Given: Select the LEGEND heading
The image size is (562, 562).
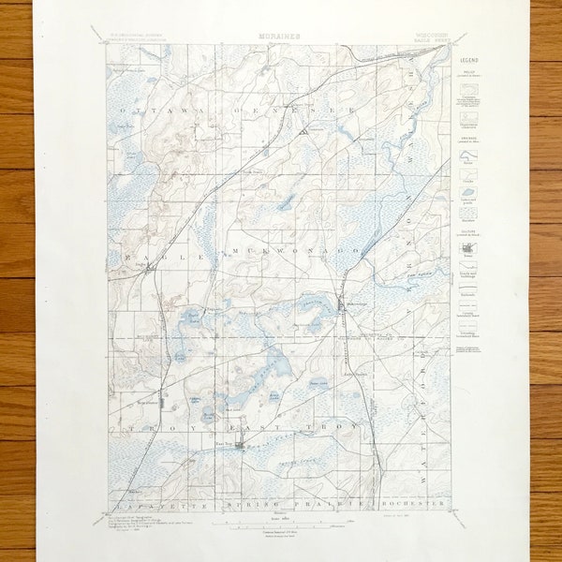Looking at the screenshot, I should pos(468,59).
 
